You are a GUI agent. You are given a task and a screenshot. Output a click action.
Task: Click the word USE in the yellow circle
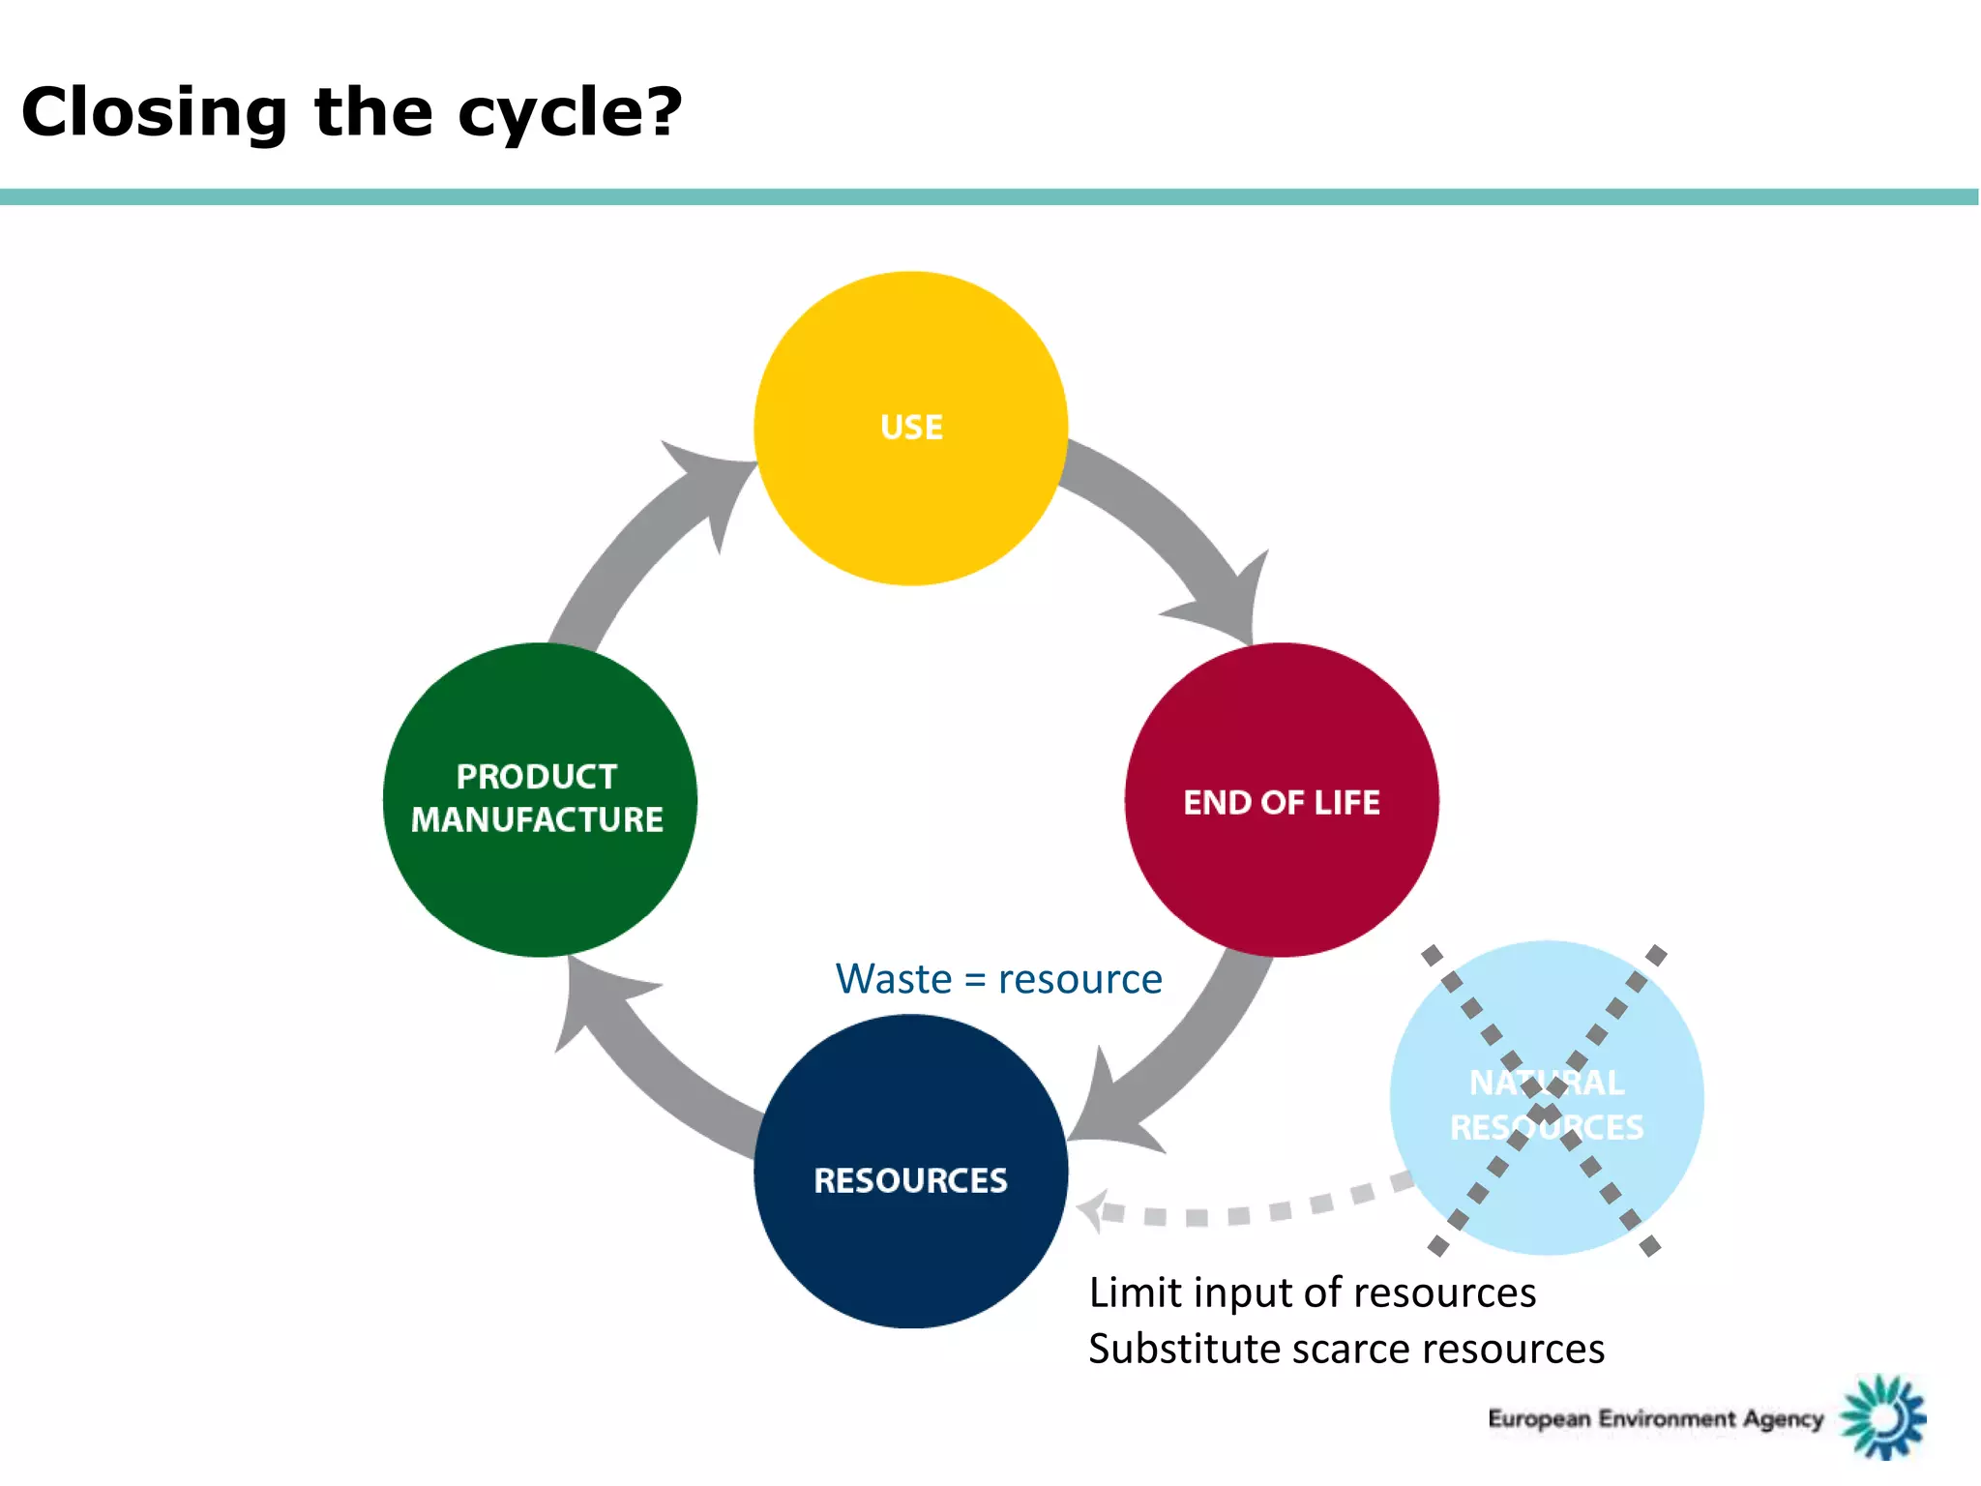pos(911,428)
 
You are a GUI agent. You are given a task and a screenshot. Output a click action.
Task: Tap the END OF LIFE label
pos(1281,802)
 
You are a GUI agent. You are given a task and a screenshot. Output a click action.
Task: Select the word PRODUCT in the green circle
pos(537,776)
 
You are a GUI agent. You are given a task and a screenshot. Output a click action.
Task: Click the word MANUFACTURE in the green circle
pos(537,819)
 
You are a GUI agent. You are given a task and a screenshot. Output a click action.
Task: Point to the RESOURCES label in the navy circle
pos(910,1180)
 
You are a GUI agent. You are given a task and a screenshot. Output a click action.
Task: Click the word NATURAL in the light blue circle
pos(1546,1083)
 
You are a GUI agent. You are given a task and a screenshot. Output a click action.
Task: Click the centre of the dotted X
pos(1545,1101)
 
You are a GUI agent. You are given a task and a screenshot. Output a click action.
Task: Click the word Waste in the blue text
pos(894,979)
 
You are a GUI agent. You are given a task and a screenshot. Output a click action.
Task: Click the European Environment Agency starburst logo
pos(1883,1417)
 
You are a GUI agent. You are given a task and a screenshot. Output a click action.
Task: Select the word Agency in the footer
pos(1783,1419)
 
